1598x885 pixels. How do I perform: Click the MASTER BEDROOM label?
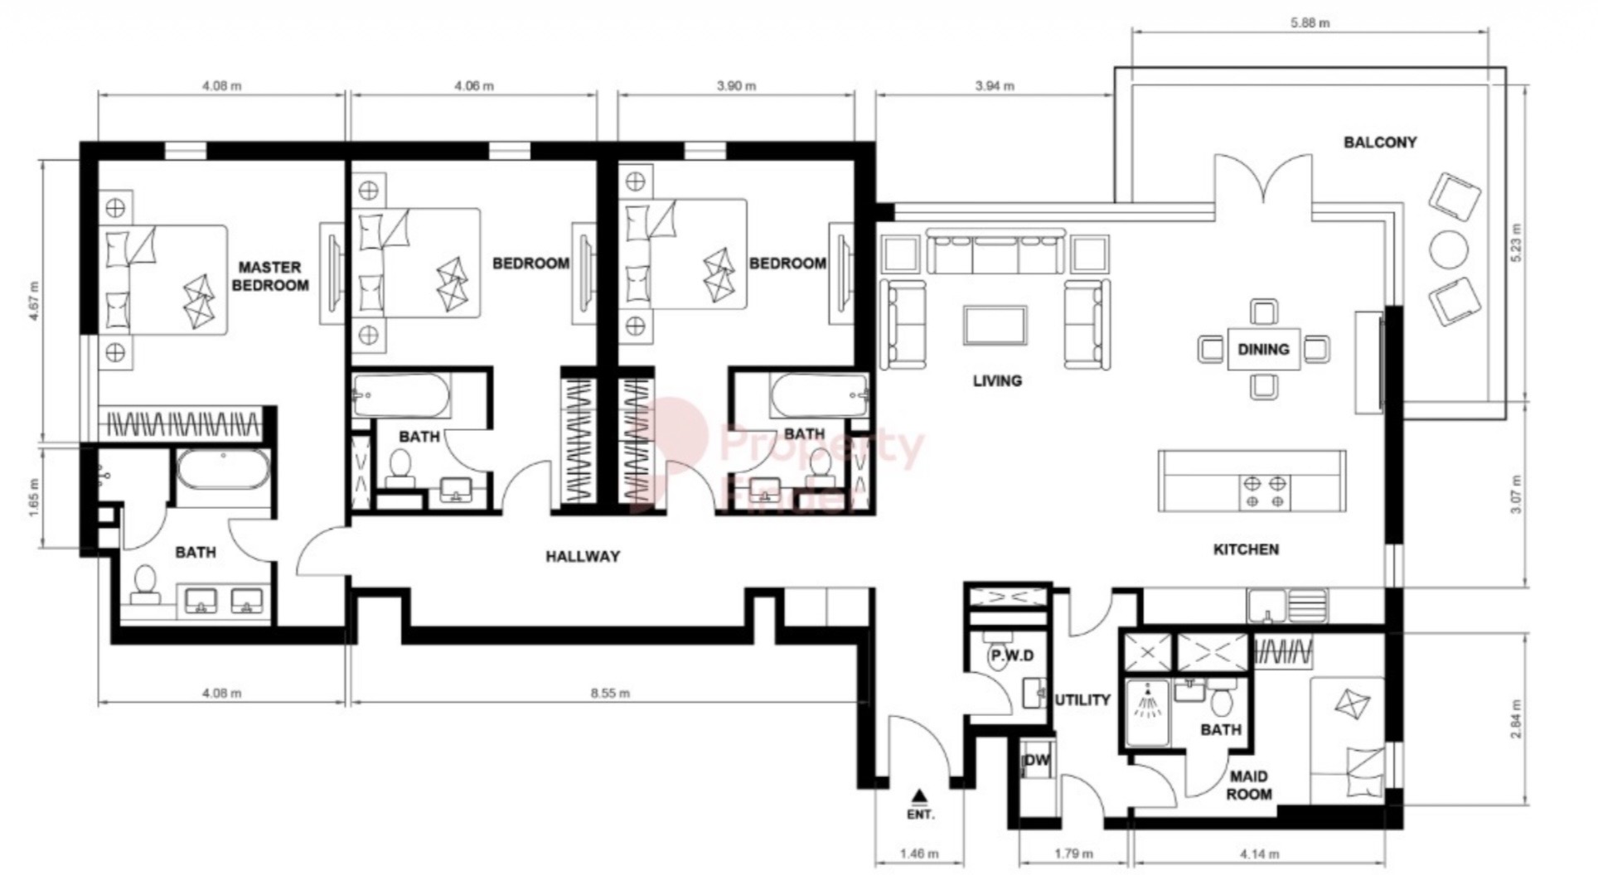(269, 277)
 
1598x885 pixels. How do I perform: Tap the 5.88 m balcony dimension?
(1310, 23)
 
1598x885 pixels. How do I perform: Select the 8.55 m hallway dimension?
(610, 693)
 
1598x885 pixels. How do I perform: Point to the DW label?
(1037, 760)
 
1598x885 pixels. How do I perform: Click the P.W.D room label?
(1012, 655)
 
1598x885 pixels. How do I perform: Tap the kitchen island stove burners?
(1266, 491)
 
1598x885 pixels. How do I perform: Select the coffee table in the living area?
(995, 325)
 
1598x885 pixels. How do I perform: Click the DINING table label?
(1263, 349)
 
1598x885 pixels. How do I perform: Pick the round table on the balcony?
(1449, 249)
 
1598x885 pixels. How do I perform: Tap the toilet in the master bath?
(146, 583)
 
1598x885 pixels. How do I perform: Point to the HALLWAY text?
(583, 556)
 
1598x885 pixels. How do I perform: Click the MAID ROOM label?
(1248, 785)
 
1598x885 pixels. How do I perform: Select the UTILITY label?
(1082, 700)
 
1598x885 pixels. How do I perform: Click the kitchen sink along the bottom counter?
(1267, 605)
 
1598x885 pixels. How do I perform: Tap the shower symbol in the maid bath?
(1147, 703)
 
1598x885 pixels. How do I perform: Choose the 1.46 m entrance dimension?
(918, 853)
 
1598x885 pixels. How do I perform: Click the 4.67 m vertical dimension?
(33, 301)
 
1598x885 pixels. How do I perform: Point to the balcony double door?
(1262, 181)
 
